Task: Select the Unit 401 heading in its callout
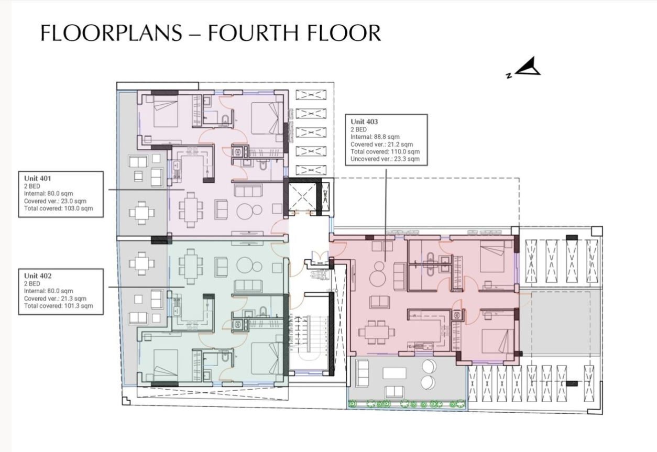[38, 179]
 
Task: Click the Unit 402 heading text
[38, 275]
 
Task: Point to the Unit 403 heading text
[365, 122]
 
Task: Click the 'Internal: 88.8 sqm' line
[375, 137]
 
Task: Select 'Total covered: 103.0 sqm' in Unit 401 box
[58, 208]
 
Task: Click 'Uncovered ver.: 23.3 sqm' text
[385, 159]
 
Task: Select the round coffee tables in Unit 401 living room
[249, 211]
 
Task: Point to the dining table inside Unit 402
[189, 266]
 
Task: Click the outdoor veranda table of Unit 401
[142, 213]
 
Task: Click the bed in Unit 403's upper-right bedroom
[492, 259]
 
